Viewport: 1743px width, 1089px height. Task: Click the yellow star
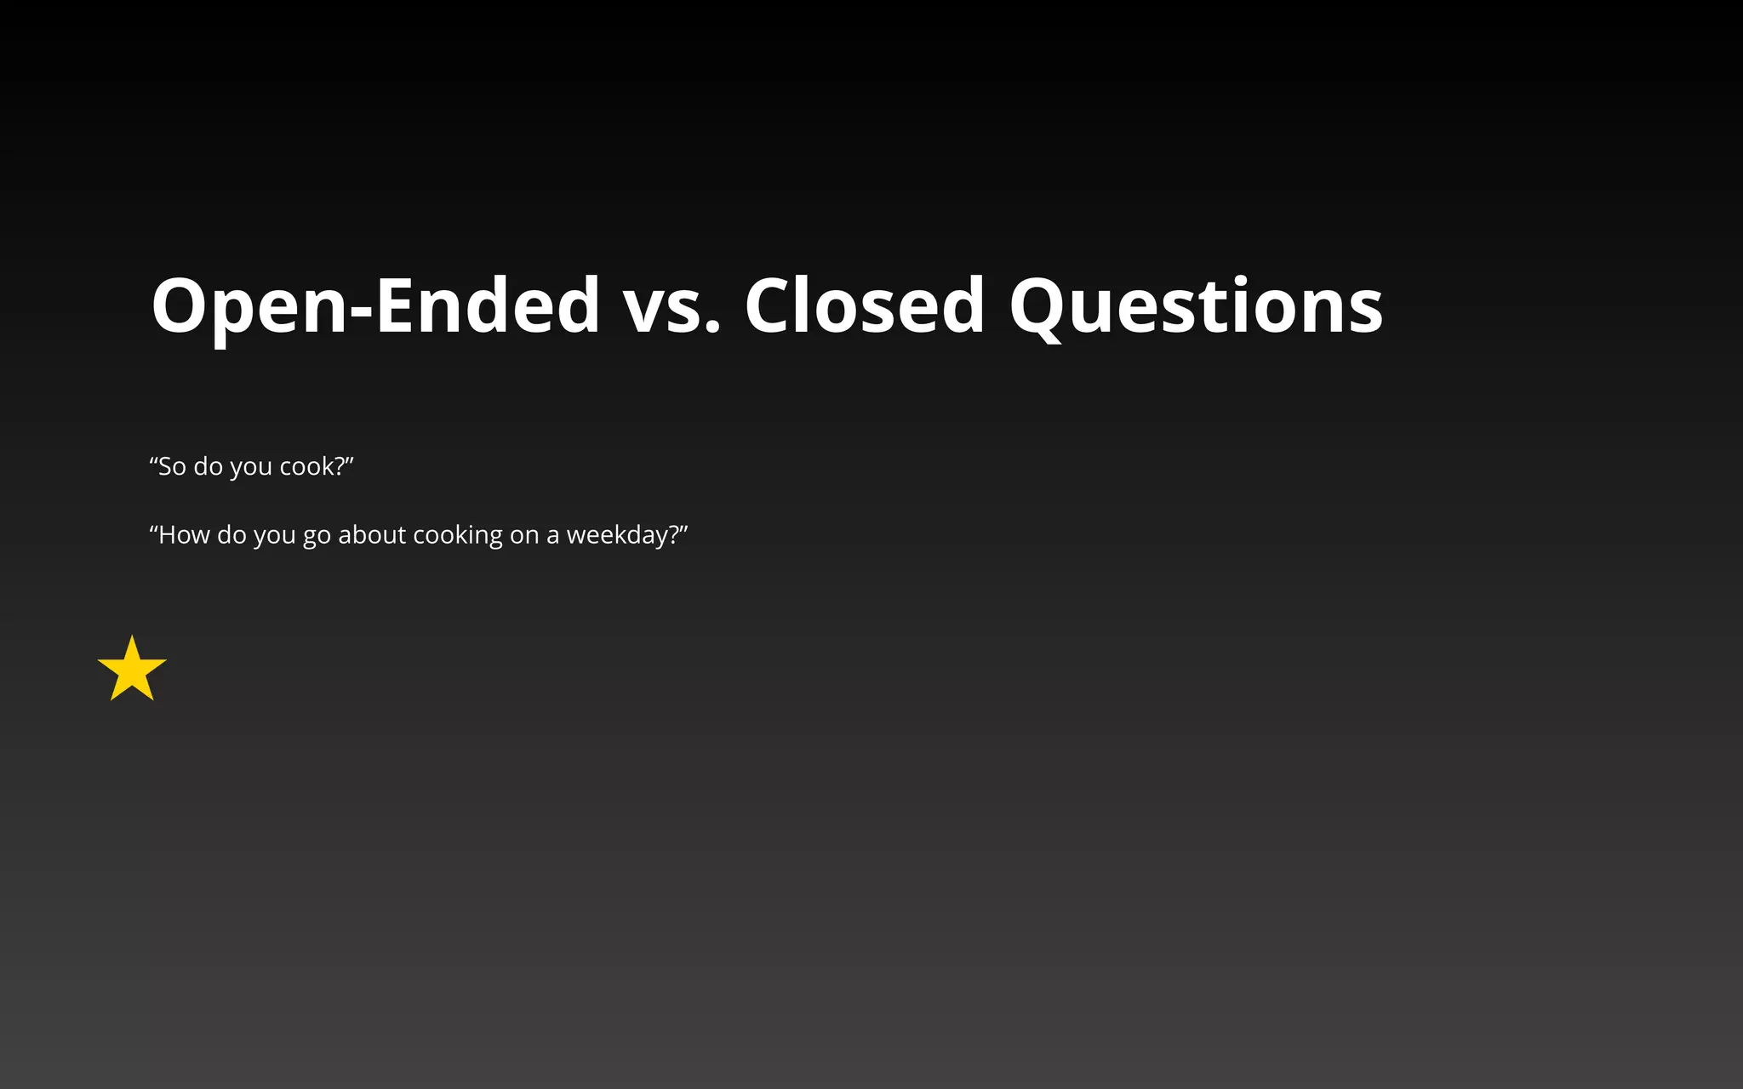132,670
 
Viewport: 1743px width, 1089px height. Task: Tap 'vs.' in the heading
672,306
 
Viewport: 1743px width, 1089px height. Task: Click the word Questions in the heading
1196,306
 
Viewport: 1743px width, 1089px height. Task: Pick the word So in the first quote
171,466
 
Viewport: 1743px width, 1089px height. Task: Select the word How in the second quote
184,535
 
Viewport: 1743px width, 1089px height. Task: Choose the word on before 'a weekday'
524,535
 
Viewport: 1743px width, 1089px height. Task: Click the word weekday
618,535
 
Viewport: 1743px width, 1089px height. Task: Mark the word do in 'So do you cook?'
208,466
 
